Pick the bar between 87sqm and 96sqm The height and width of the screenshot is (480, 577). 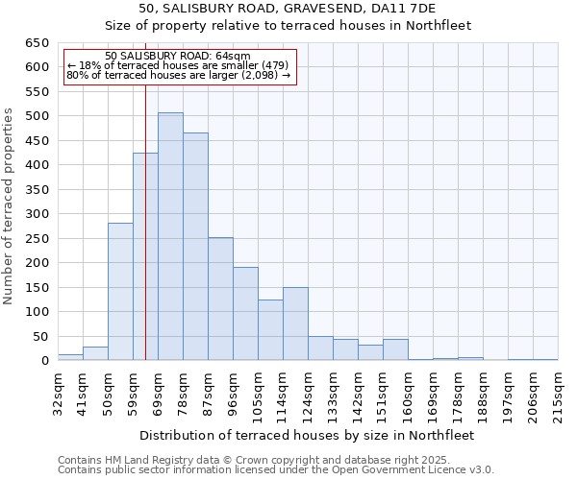pos(220,299)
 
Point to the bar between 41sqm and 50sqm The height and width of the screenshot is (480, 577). pos(95,353)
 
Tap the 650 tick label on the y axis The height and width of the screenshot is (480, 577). pos(38,43)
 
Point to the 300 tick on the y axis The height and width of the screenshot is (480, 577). pos(38,214)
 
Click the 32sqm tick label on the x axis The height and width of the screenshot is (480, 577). pos(58,394)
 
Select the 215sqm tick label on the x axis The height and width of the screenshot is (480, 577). pos(558,394)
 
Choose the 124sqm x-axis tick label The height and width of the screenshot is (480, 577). pos(308,394)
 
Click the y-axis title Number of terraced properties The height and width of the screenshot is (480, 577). pos(11,206)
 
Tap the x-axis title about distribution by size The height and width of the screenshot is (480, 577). pos(307,435)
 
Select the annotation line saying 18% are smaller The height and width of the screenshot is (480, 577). pos(177,65)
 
